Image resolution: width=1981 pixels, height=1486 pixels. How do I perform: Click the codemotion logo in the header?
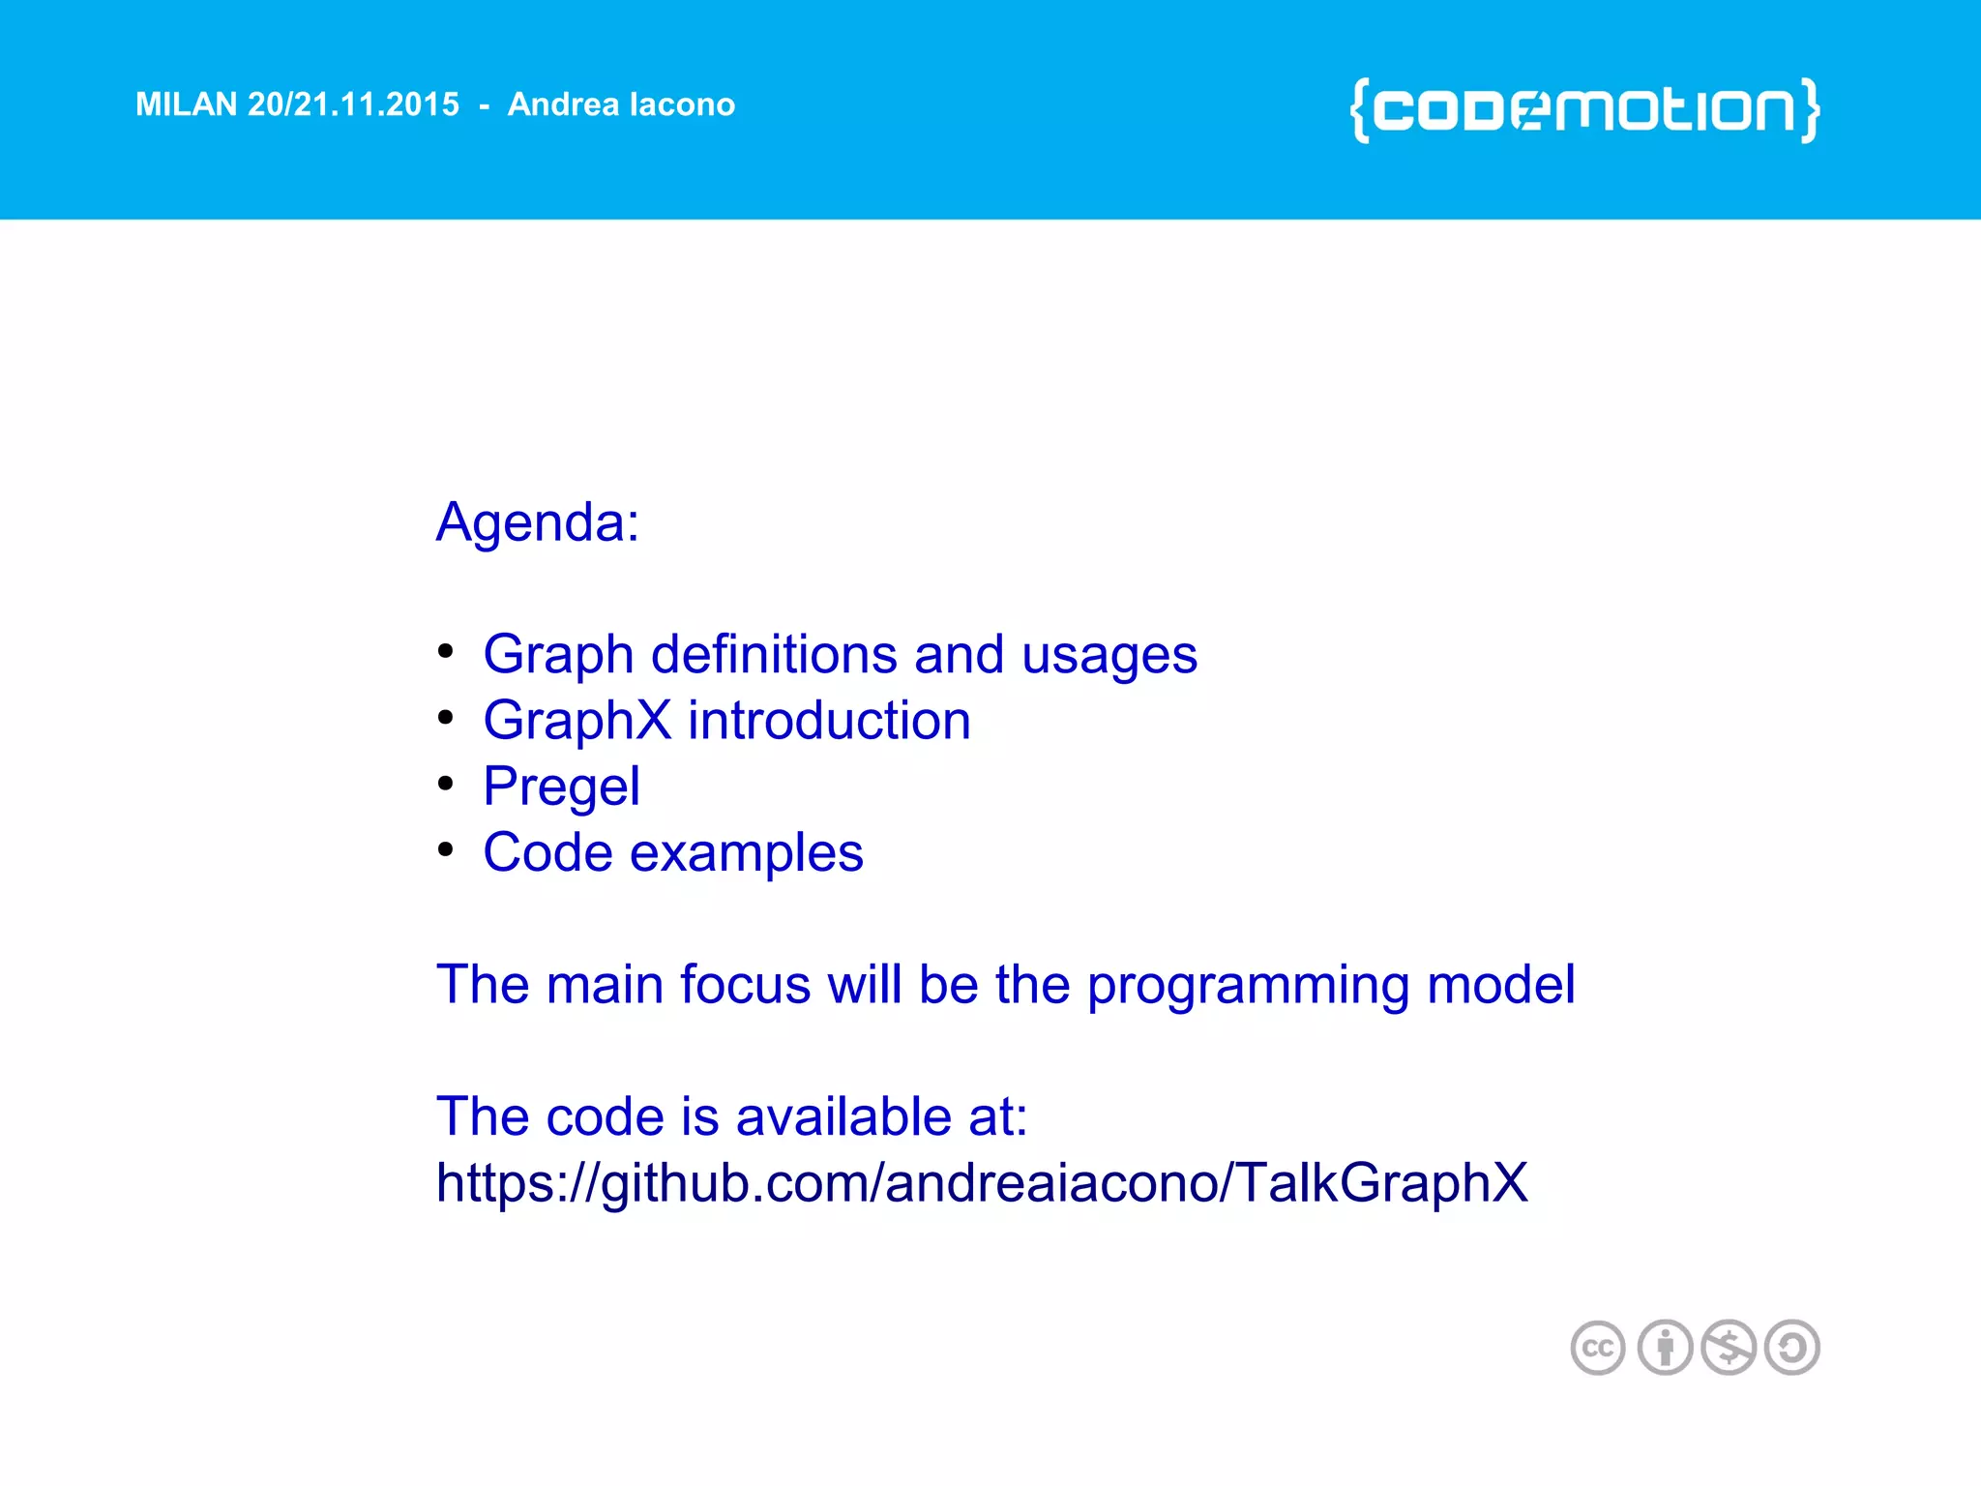pos(1584,110)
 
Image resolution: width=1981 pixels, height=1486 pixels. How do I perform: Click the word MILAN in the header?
pos(186,104)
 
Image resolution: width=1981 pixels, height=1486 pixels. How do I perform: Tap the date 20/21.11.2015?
pos(353,104)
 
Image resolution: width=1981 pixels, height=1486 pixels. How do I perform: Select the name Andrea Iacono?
pos(621,104)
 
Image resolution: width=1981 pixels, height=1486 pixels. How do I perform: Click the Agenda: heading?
pos(538,523)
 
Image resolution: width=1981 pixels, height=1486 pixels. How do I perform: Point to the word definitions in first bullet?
pos(774,655)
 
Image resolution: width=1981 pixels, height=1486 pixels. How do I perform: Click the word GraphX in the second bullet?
pos(577,721)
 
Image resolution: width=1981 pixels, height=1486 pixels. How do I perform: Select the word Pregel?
pos(561,787)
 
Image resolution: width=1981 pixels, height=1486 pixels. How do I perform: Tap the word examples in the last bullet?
pos(746,853)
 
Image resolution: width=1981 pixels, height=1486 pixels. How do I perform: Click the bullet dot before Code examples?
pos(445,848)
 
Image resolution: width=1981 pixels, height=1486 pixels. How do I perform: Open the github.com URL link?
pos(982,1183)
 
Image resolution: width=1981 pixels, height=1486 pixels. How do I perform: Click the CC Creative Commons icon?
pos(1597,1348)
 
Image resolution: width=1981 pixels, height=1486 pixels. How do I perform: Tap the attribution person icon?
pos(1665,1348)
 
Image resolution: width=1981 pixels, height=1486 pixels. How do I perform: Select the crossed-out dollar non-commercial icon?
pos(1729,1348)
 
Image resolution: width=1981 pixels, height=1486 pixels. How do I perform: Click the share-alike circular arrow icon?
pos(1792,1348)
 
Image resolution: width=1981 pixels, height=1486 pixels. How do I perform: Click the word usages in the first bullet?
pos(1109,655)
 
